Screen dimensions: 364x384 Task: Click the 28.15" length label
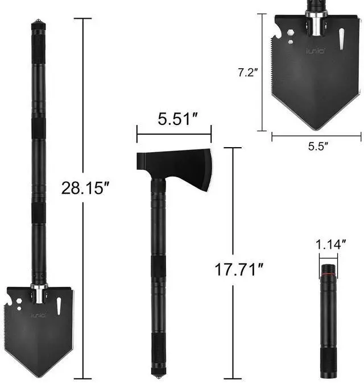click(x=85, y=189)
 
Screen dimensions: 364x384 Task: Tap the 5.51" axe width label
click(x=177, y=119)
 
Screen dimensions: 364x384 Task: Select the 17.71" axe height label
click(x=239, y=269)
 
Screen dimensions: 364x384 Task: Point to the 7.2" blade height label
click(x=248, y=73)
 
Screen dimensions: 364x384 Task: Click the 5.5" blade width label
click(x=318, y=146)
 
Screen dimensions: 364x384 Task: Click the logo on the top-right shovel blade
click(x=316, y=51)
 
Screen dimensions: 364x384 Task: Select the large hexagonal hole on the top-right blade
click(x=291, y=33)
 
